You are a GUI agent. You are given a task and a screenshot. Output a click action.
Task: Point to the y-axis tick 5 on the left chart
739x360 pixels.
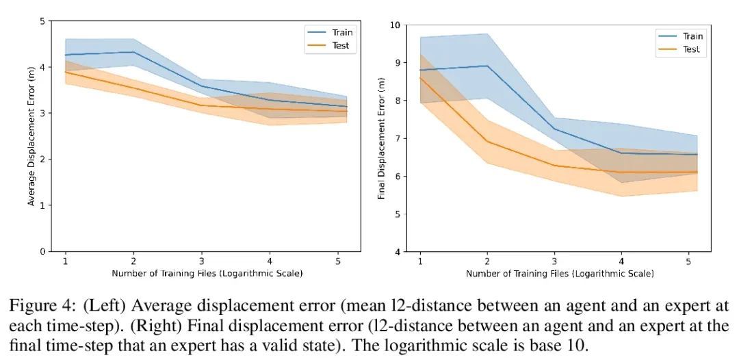(42, 21)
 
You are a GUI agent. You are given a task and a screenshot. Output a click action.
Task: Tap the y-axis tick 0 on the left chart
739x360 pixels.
(42, 251)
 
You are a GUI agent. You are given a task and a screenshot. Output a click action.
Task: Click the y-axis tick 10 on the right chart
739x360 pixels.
(394, 25)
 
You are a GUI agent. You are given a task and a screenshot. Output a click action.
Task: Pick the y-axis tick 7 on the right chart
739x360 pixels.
(397, 138)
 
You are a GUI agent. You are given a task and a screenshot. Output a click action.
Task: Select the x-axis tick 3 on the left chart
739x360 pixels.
(201, 261)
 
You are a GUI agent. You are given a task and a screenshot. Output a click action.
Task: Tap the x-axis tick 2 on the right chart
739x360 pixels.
(487, 261)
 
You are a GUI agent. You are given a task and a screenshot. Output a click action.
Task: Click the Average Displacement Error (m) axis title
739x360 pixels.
(31, 137)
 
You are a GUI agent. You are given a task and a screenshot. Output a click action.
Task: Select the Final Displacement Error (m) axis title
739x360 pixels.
(381, 138)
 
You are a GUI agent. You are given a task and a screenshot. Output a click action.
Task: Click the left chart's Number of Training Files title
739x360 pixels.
(207, 273)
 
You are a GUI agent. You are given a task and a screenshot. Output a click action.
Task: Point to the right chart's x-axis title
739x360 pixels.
(560, 274)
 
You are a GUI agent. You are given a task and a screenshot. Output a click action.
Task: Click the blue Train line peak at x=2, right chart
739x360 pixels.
(487, 66)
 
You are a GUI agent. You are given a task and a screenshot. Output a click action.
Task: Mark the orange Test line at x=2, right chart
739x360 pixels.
(487, 142)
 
